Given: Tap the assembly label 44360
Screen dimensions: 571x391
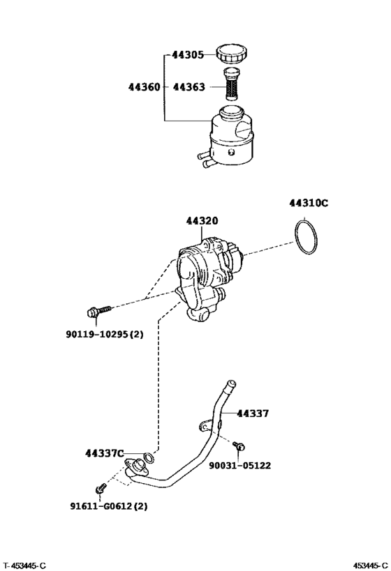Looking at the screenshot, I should click(x=145, y=88).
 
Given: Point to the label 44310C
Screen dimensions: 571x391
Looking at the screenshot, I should click(x=309, y=204).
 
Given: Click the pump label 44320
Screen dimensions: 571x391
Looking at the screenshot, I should click(x=202, y=221).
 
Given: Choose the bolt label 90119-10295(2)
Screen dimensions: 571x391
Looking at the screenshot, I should click(x=105, y=334).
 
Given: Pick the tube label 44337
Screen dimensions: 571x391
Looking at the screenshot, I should click(x=252, y=413).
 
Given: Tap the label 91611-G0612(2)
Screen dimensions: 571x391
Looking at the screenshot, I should click(x=109, y=508).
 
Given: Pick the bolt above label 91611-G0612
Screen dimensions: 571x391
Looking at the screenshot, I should click(x=101, y=487).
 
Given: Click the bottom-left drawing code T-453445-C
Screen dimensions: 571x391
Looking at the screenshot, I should click(x=24, y=565).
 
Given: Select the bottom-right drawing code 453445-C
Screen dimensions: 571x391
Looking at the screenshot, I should click(x=369, y=565).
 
